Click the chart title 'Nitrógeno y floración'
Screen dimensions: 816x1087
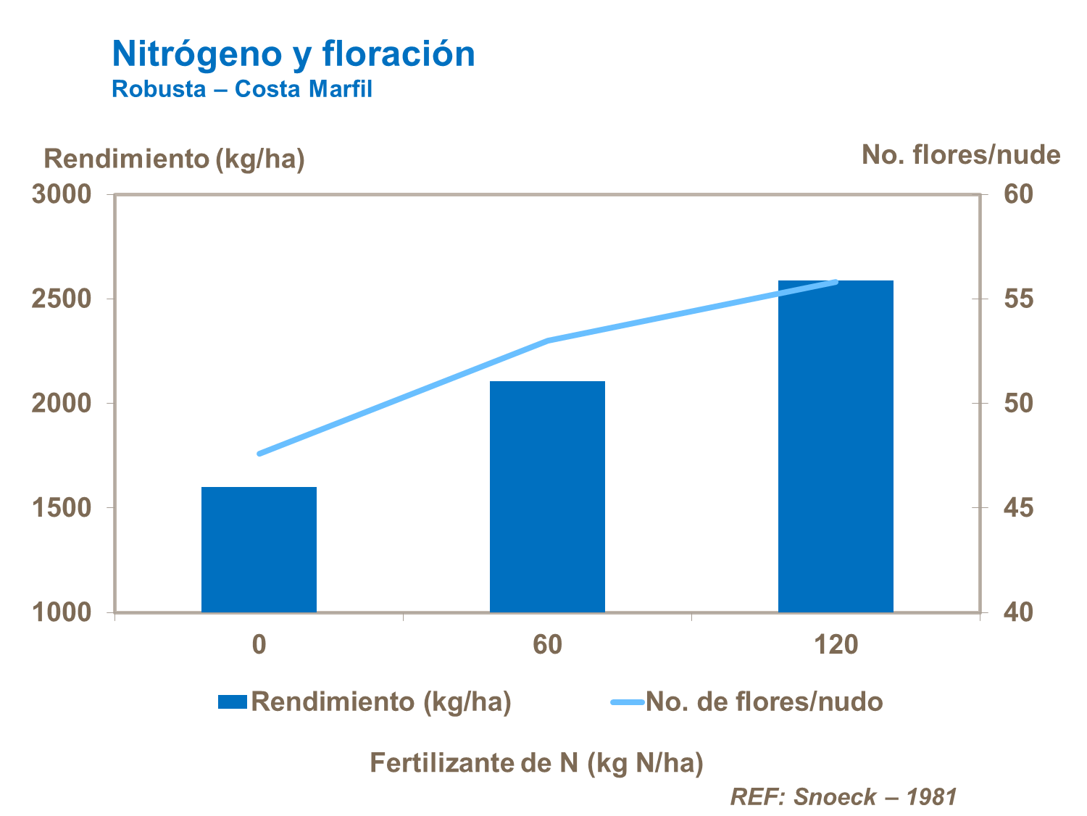[x=293, y=54]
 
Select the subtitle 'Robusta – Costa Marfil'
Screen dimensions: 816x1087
[x=242, y=89]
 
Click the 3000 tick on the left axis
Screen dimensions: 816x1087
[x=62, y=194]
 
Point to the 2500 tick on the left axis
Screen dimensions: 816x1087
[x=62, y=299]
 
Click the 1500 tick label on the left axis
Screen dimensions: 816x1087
[x=62, y=507]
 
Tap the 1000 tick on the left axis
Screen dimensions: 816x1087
[x=62, y=612]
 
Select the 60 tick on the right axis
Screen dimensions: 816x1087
[x=1018, y=194]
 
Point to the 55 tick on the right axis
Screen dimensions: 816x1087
[x=1018, y=299]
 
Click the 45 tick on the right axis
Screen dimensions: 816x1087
[x=1018, y=507]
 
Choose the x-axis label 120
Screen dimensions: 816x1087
[x=836, y=644]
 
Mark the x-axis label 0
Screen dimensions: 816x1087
[x=259, y=644]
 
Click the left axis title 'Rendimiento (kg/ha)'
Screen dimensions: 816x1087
[x=174, y=159]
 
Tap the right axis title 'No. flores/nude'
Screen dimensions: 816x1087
[x=961, y=155]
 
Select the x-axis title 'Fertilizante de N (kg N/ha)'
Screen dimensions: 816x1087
[x=536, y=763]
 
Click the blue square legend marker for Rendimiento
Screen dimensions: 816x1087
[x=233, y=701]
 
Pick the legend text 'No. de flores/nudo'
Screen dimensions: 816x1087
[x=764, y=701]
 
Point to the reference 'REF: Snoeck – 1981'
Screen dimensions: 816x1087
[x=844, y=796]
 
